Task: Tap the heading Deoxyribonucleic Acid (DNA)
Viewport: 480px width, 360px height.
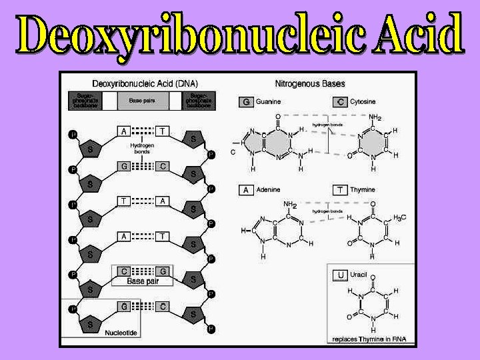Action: tap(140, 84)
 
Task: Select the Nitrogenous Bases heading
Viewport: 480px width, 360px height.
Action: tap(310, 84)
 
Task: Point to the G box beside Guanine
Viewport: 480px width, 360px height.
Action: tap(245, 102)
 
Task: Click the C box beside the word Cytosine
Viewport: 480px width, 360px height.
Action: tap(339, 102)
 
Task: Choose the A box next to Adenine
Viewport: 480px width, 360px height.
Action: tap(245, 190)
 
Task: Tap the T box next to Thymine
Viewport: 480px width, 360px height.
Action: tap(339, 190)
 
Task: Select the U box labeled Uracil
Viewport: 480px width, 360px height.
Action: tap(341, 274)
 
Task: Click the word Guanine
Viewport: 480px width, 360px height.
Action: tap(268, 102)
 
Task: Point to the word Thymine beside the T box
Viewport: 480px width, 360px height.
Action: tap(363, 190)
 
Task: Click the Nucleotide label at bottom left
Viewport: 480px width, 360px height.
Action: tap(121, 333)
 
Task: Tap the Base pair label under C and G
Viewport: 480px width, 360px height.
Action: tap(143, 281)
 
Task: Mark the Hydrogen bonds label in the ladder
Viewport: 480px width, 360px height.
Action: tap(141, 148)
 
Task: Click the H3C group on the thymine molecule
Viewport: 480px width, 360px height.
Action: tap(400, 218)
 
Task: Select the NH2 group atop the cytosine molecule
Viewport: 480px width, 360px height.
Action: tap(375, 118)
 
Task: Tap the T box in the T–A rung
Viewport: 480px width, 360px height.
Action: tap(124, 200)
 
